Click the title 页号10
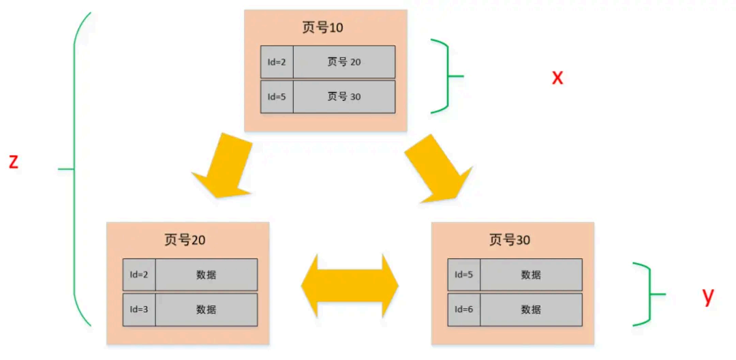(x=322, y=28)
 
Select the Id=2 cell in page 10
(x=277, y=62)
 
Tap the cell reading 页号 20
(x=344, y=62)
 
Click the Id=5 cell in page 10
(x=277, y=97)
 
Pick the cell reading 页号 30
(x=344, y=97)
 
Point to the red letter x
(x=557, y=77)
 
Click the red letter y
(x=708, y=295)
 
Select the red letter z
(x=13, y=162)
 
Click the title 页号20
(x=185, y=240)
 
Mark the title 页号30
(x=510, y=240)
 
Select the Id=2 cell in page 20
(x=139, y=275)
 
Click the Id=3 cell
(x=139, y=310)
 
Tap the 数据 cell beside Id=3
(x=206, y=310)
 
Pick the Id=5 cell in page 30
(x=464, y=275)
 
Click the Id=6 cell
(x=464, y=310)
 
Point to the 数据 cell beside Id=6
(x=531, y=310)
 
